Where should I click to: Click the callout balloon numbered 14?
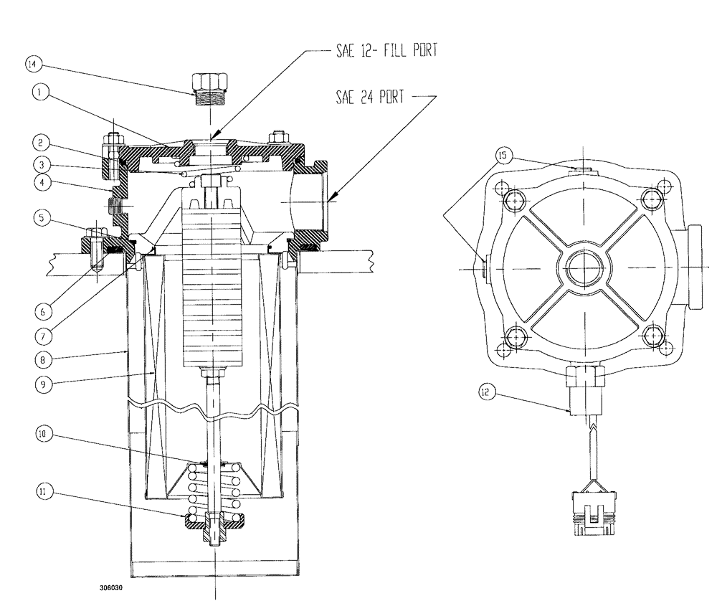[33, 65]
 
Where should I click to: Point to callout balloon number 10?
[43, 435]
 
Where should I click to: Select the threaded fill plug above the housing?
[210, 88]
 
